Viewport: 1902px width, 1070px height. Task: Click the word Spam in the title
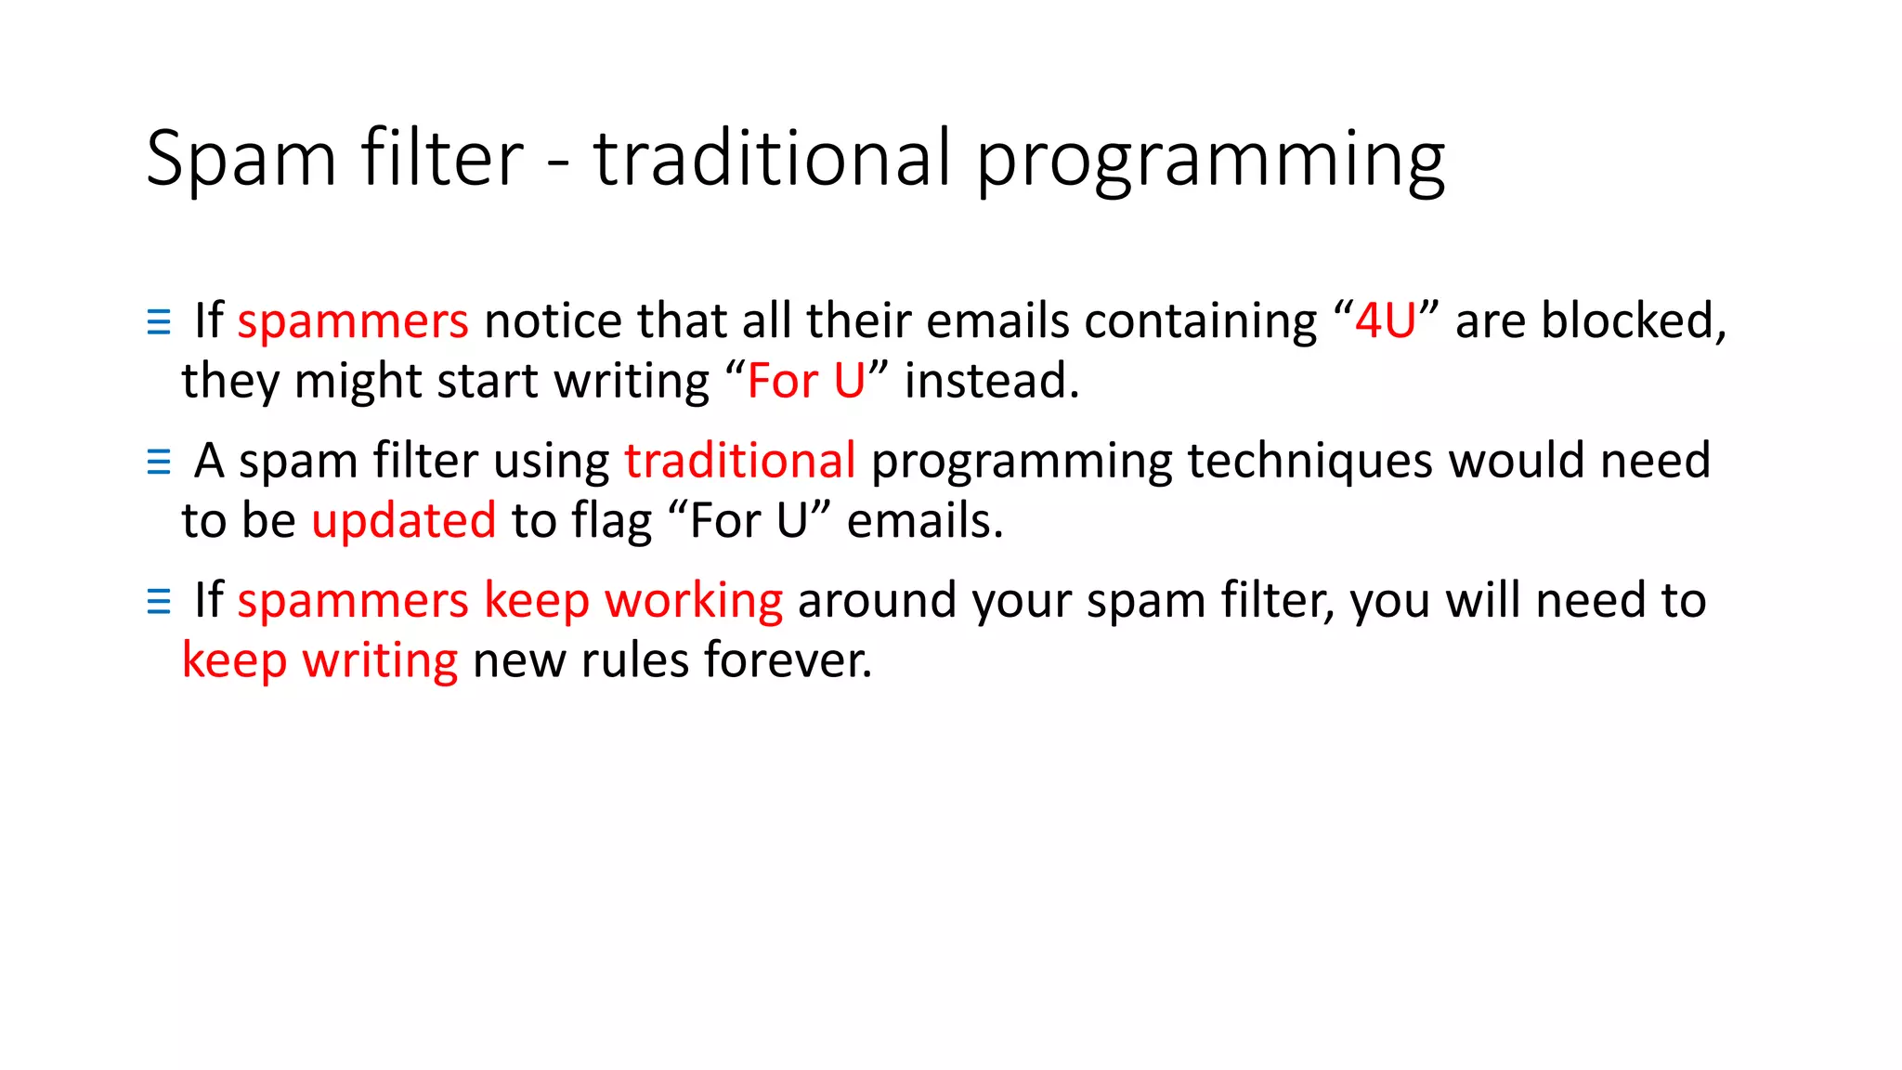pos(241,160)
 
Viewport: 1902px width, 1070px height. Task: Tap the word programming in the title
pos(1210,160)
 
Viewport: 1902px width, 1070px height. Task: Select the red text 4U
pos(1385,321)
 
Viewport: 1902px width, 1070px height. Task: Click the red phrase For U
pos(805,382)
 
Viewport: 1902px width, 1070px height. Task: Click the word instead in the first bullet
pos(991,382)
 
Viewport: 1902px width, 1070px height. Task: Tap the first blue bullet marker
pos(159,322)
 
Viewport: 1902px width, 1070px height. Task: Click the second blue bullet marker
pos(159,462)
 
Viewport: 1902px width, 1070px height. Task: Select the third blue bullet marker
pos(159,602)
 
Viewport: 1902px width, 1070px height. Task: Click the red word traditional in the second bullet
pos(739,461)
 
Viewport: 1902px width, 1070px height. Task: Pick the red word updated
pos(403,521)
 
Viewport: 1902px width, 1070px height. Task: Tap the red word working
pos(693,601)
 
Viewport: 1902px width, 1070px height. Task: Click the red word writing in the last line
pos(380,661)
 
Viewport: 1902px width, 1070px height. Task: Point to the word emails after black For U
pos(924,521)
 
